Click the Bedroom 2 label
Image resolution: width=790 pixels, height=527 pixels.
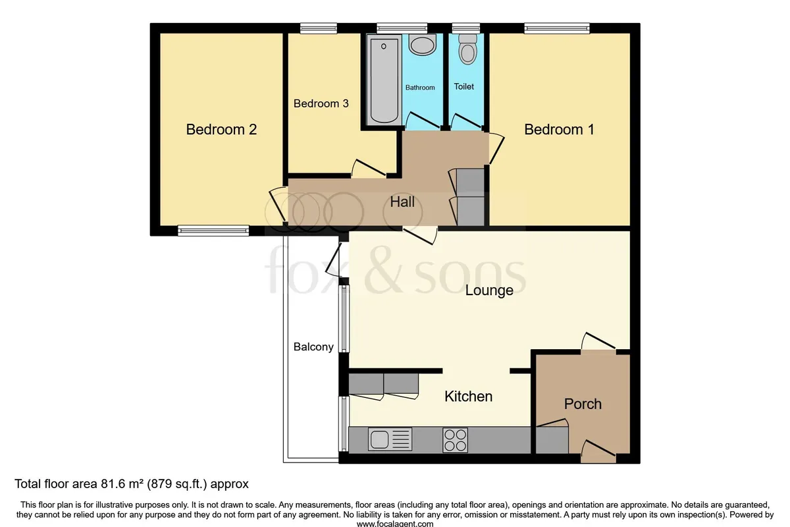click(221, 129)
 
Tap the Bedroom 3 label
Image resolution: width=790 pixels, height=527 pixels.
click(321, 103)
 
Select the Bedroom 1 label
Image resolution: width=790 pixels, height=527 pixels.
click(559, 129)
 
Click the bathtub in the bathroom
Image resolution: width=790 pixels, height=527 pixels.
click(384, 80)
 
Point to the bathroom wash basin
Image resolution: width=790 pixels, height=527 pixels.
click(423, 45)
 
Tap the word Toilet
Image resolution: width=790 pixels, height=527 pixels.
click(463, 86)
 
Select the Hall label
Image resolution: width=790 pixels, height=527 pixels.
click(402, 202)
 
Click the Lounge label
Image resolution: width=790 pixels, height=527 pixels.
click(488, 290)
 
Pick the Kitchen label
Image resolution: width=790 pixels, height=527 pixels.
click(468, 397)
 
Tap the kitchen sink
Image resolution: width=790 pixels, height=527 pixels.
click(390, 439)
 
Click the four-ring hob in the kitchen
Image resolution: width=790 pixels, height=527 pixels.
click(456, 440)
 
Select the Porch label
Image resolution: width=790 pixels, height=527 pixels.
click(583, 404)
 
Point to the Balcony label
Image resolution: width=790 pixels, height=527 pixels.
click(313, 347)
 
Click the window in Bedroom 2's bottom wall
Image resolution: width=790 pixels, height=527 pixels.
click(213, 231)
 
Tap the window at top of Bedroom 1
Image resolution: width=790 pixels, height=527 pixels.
click(557, 28)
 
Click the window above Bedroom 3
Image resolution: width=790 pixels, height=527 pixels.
click(319, 28)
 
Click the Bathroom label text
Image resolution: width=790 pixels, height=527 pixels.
click(420, 88)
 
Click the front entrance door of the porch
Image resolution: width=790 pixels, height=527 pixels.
click(598, 452)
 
